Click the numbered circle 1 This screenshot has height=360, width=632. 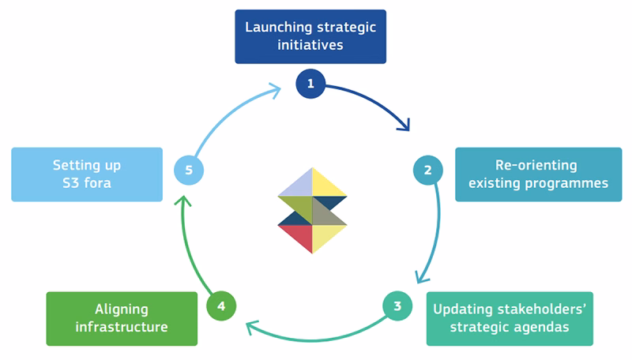coord(310,84)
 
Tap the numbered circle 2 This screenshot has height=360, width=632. coord(428,170)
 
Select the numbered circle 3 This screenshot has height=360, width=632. coord(397,306)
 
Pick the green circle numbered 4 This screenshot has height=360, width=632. coord(221,306)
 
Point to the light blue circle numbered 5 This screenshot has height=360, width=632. coord(189,170)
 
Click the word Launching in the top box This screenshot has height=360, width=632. coord(279,28)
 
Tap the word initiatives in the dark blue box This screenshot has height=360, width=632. coord(310,45)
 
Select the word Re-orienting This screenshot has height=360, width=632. coord(536,165)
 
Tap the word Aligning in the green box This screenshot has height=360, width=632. coord(122,309)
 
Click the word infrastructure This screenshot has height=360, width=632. coord(122,327)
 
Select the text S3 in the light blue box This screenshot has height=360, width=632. coord(70,183)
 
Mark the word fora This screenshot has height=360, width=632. coord(97,183)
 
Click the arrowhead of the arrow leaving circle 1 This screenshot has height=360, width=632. coord(404,126)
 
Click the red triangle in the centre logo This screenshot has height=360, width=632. coord(295,238)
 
